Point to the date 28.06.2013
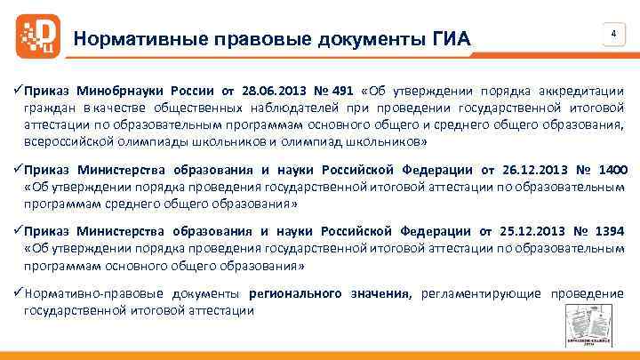point(275,91)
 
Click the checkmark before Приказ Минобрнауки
point(19,91)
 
